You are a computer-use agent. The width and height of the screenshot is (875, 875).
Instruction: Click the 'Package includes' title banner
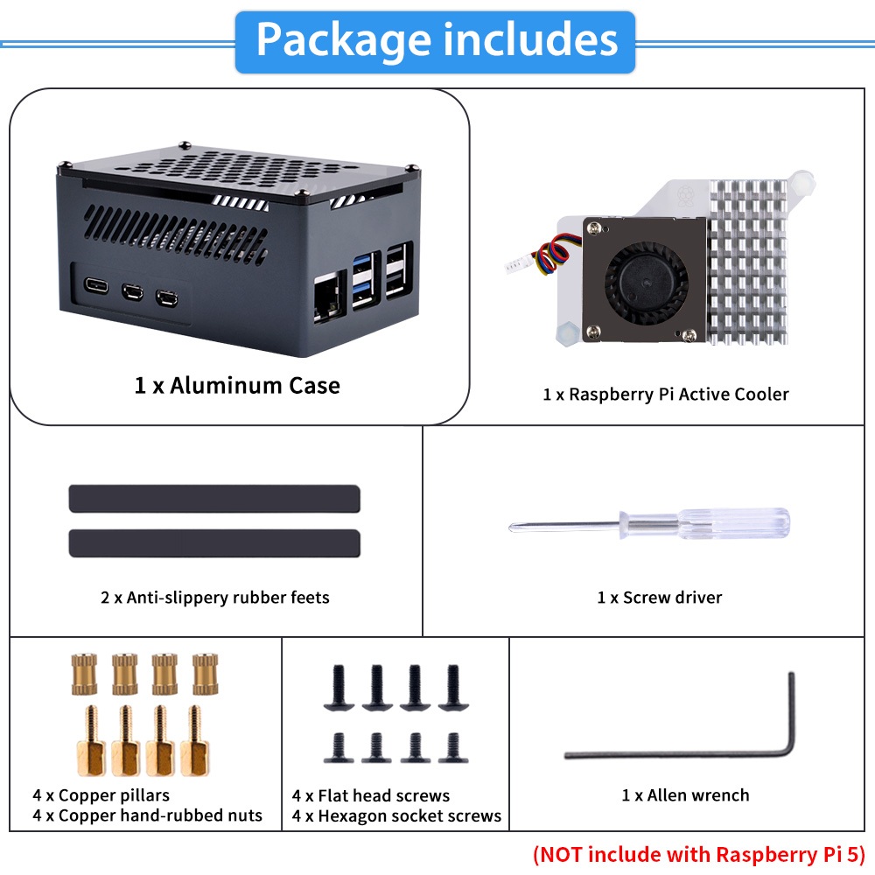pos(435,41)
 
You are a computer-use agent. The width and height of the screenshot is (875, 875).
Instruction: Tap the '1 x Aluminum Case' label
pos(237,385)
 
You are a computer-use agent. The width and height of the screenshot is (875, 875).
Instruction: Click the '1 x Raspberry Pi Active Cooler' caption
pos(665,395)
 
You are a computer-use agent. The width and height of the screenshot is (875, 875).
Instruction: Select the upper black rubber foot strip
pos(214,498)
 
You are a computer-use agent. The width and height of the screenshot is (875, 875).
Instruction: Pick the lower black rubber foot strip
pos(214,543)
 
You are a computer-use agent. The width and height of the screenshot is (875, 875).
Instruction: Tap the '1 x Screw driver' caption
pos(660,598)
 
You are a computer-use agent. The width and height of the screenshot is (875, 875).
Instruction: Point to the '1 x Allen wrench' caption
pos(685,795)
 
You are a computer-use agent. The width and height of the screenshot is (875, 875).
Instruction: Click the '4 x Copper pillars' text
pos(101,795)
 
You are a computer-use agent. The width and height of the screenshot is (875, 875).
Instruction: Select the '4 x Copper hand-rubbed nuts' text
pos(147,815)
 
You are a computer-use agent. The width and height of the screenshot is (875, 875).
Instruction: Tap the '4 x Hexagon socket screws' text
pos(396,816)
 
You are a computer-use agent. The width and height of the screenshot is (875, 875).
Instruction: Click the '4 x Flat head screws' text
pos(371,796)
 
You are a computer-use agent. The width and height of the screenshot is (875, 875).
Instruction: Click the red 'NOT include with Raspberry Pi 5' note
pos(698,853)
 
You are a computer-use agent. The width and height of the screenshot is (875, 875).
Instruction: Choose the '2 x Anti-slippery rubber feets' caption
pos(215,598)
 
